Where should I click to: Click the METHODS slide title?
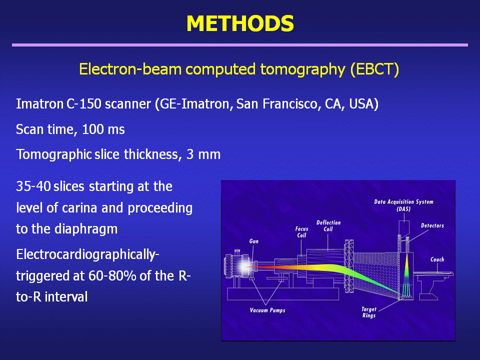coord(240,23)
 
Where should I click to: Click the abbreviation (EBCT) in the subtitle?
coord(374,69)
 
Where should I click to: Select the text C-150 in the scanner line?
coord(84,104)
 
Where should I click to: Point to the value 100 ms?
coord(103,129)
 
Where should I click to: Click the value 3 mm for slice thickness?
coord(203,154)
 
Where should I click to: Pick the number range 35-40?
coord(33,186)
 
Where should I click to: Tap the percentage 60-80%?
coord(112,276)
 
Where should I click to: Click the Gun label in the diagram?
coord(254,241)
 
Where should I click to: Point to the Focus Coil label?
coord(301,232)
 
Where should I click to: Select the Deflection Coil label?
coord(328,225)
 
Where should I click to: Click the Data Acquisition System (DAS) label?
coord(404,205)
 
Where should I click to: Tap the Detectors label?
coord(432,225)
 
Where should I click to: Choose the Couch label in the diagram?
coord(437,259)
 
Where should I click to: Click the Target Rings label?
coord(369,312)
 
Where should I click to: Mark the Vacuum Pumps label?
coord(267,310)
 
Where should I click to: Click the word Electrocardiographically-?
coord(87,255)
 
